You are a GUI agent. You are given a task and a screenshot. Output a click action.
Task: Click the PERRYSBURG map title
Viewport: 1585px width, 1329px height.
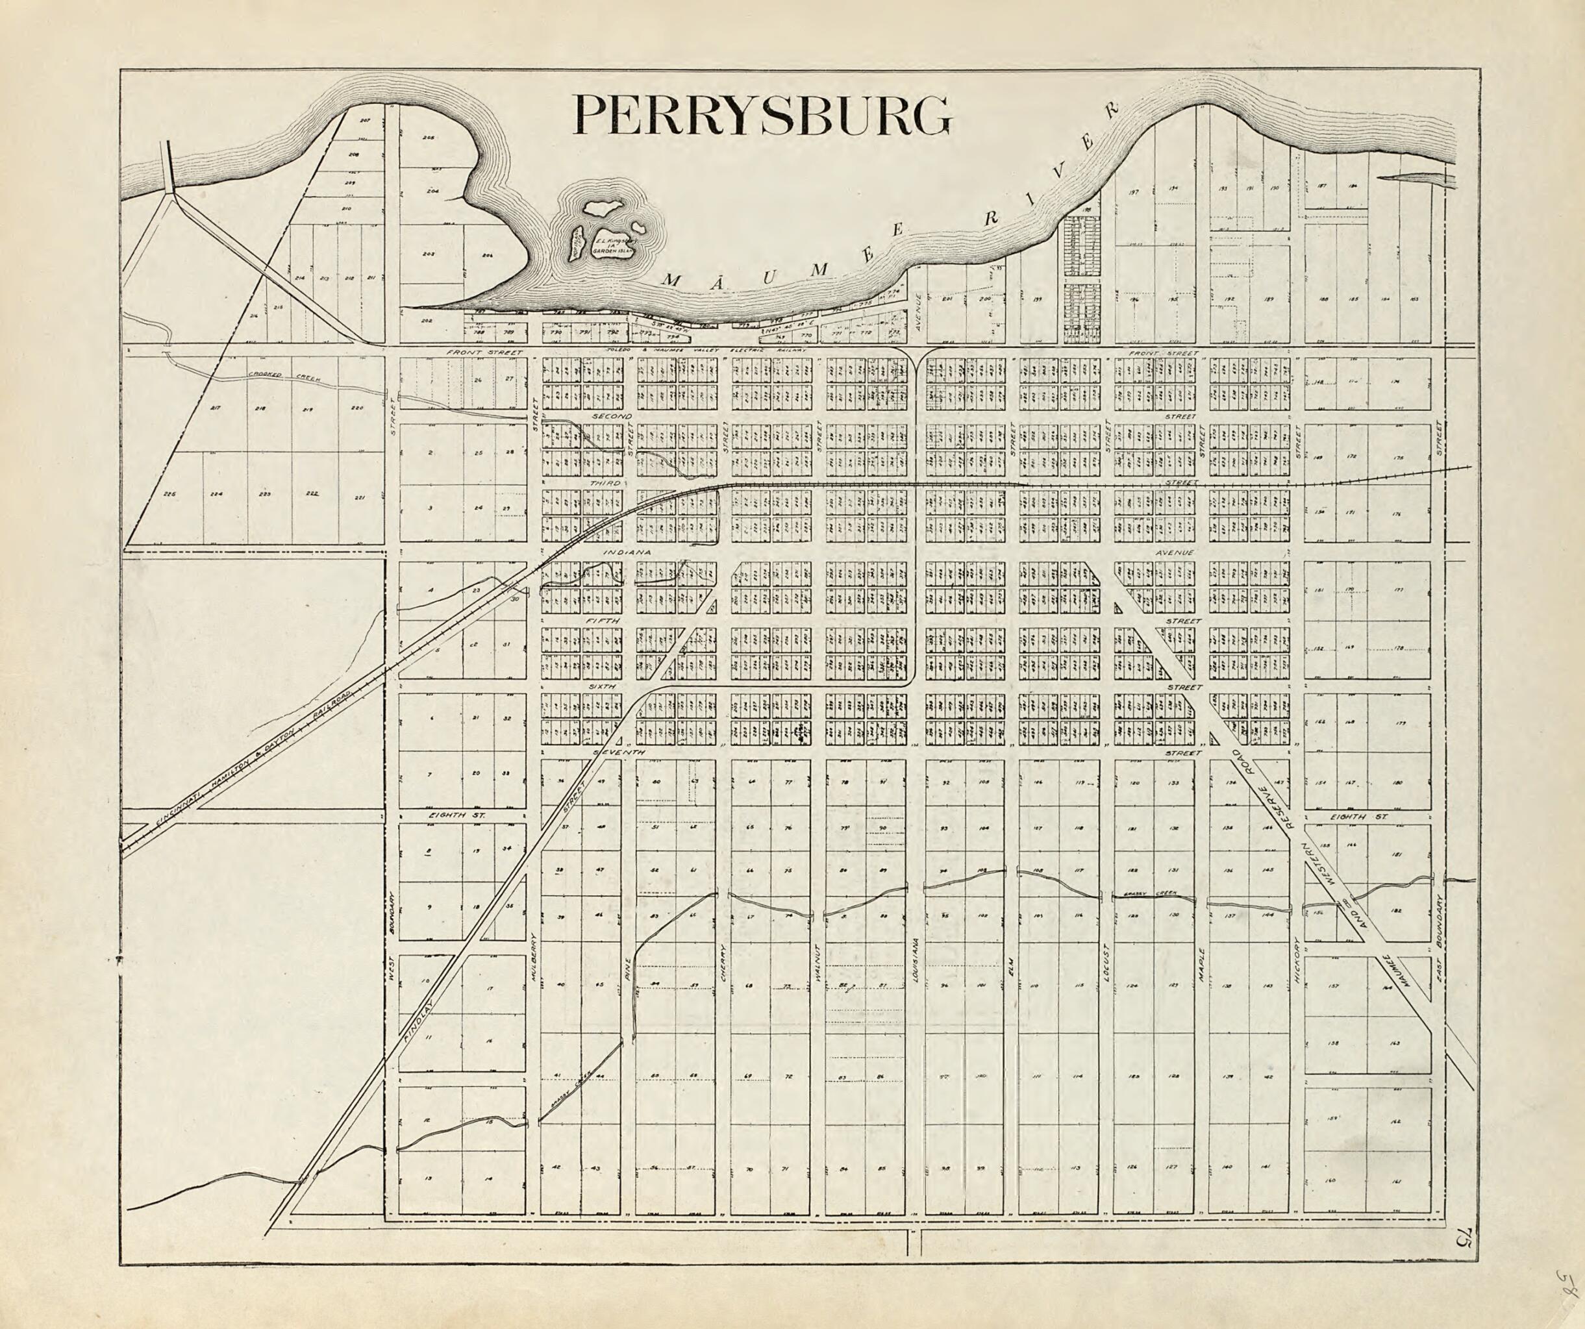click(762, 115)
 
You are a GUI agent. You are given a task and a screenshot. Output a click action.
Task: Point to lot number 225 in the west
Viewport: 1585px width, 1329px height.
click(169, 494)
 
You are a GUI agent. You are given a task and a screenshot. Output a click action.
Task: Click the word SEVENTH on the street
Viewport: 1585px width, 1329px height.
click(618, 753)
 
